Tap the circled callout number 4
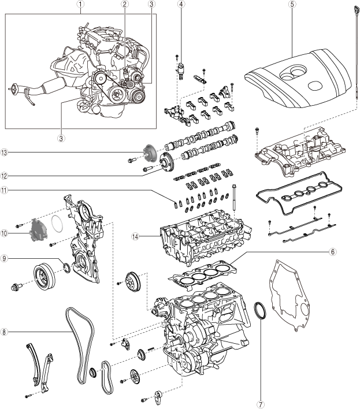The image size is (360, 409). tap(181, 4)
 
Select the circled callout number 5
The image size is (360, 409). tap(292, 4)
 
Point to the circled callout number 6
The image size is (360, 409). tap(333, 252)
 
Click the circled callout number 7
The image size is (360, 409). tap(259, 404)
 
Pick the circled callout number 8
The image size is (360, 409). tap(4, 332)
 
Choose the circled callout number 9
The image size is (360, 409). tap(4, 258)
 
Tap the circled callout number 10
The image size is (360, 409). tap(4, 233)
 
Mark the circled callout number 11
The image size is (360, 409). tap(4, 190)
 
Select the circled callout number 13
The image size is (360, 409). tap(4, 153)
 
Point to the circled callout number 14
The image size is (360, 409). tap(136, 236)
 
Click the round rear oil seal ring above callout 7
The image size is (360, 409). tap(260, 310)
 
